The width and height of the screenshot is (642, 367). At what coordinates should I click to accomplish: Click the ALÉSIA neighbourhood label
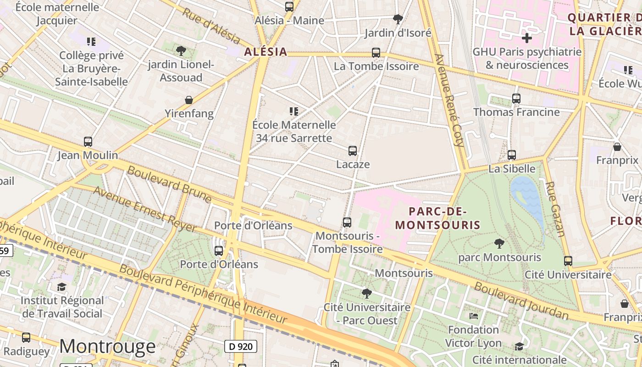coord(266,52)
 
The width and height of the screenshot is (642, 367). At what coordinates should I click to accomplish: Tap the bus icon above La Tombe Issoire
coord(376,53)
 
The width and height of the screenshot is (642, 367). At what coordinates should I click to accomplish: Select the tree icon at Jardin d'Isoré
coord(398,19)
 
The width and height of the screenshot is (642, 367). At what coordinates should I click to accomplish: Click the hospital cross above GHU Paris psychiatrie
coord(527,38)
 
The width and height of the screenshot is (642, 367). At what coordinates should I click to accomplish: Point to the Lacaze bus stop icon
coord(353,150)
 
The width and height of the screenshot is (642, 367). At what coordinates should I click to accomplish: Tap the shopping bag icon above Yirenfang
coord(188,100)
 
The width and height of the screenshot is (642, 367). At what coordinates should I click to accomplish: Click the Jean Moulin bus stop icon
coord(88,142)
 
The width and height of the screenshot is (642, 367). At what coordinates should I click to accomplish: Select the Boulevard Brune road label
coord(169,184)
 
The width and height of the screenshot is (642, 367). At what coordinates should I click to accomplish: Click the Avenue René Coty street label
coord(450,100)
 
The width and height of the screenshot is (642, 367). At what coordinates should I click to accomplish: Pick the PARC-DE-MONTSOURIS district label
coord(437,218)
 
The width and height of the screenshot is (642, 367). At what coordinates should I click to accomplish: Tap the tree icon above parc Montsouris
coord(499,244)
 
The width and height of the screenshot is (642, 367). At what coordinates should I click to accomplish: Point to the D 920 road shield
coord(240,346)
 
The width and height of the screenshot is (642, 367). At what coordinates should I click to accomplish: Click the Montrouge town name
coord(107,346)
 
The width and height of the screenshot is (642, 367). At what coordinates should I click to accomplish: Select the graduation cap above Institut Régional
coord(61,287)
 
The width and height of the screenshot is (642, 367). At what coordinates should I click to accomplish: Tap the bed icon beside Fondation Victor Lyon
coord(474,316)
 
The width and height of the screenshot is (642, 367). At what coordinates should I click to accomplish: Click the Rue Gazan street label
coord(554,209)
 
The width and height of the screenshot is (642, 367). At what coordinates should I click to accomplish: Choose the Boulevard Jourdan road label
coord(521,301)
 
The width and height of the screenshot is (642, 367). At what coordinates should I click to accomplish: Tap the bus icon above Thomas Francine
coord(516,98)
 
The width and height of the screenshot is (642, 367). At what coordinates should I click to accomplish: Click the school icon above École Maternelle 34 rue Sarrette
coord(294,111)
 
